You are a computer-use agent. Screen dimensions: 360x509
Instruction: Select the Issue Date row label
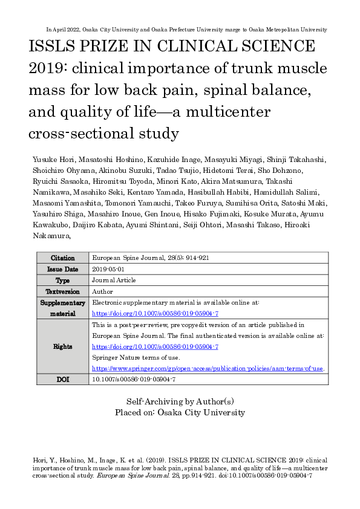[x=63, y=269]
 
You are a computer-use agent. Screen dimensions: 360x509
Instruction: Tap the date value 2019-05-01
[x=108, y=269]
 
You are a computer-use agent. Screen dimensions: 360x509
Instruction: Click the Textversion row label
[x=63, y=291]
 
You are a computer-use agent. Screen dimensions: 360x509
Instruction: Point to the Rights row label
[x=63, y=346]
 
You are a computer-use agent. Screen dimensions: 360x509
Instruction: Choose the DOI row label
[x=63, y=379]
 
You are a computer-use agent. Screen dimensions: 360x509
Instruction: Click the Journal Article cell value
[x=114, y=280]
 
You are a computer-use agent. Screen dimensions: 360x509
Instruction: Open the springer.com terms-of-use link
[x=208, y=368]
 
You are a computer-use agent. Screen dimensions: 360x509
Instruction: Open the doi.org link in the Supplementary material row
[x=155, y=313]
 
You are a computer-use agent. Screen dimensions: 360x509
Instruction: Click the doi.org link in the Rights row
[x=155, y=346]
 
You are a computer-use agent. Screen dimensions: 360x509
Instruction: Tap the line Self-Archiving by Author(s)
[x=180, y=401]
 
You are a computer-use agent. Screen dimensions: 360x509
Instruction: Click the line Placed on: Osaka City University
[x=180, y=412]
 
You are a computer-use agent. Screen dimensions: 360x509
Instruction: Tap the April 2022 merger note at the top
[x=186, y=29]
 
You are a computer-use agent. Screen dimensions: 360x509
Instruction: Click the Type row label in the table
[x=63, y=280]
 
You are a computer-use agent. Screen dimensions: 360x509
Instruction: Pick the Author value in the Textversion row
[x=102, y=291]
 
